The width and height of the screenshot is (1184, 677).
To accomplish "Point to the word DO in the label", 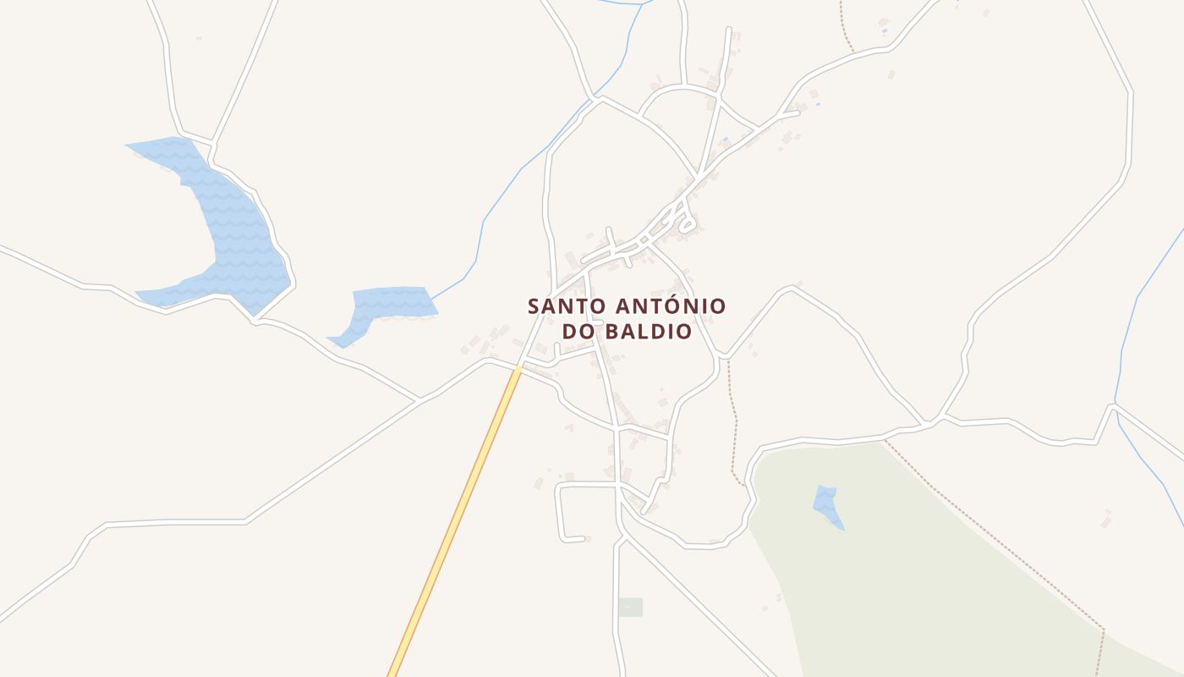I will click(x=579, y=331).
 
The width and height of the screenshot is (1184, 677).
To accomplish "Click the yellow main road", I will click(x=457, y=516).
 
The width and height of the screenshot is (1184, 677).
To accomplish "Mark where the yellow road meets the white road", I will click(x=518, y=367).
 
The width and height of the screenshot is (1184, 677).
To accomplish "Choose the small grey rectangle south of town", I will click(x=630, y=607).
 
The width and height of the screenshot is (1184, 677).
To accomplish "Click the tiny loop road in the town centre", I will click(x=687, y=223).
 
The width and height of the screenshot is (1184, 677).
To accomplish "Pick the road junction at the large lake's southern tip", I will click(x=255, y=320).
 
